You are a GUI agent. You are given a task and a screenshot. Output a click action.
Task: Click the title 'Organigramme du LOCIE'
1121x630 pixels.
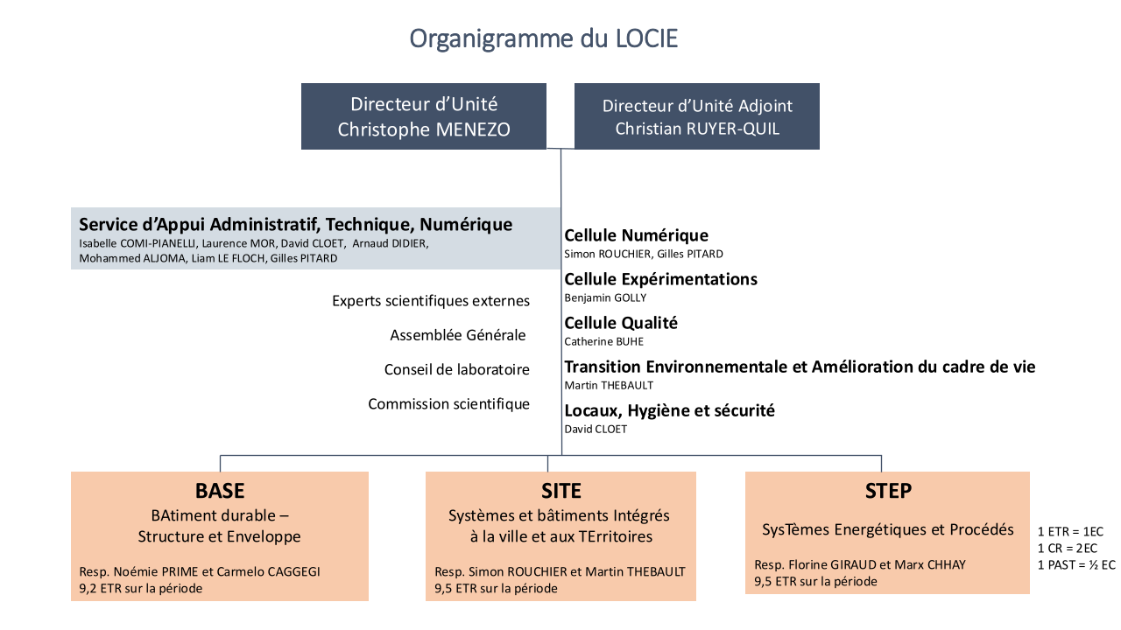[x=543, y=39]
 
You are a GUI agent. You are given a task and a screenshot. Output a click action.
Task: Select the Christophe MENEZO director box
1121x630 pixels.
[x=424, y=116]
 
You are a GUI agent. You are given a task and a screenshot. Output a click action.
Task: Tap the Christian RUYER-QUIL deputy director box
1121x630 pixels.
[x=697, y=116]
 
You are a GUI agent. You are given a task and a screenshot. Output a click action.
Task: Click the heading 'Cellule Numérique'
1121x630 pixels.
[x=636, y=235]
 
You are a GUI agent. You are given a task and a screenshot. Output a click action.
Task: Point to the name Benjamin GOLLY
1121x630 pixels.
[x=605, y=297]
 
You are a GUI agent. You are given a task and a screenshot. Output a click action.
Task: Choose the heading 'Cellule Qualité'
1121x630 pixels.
[x=621, y=323]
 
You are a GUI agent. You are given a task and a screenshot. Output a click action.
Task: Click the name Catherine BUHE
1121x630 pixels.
[x=603, y=341]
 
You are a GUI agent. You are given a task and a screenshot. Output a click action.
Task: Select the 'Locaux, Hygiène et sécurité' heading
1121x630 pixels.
[x=669, y=410]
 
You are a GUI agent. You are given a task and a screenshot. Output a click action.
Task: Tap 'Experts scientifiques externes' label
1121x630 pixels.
[x=431, y=301]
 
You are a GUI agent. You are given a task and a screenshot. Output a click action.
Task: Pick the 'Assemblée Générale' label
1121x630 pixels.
[x=458, y=335]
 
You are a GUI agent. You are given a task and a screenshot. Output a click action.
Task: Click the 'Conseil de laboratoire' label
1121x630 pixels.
[x=457, y=369]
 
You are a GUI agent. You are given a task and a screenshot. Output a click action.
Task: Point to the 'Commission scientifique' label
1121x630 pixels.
[x=448, y=404]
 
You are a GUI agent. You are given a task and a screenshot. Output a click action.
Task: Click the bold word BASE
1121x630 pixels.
[x=220, y=491]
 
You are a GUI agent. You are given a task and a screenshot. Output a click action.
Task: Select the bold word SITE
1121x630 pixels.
[x=560, y=491]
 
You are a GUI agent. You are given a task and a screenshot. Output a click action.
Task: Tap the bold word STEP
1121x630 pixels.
[x=887, y=491]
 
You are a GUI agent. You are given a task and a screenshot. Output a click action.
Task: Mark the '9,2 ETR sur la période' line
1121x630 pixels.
[x=140, y=589]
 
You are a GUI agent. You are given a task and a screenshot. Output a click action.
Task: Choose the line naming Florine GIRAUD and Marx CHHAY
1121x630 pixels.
[x=859, y=564]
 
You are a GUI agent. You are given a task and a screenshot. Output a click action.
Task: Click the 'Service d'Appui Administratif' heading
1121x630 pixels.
[x=295, y=225]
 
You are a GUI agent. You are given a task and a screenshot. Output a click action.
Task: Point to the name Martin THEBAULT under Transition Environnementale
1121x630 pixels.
[x=609, y=385]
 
